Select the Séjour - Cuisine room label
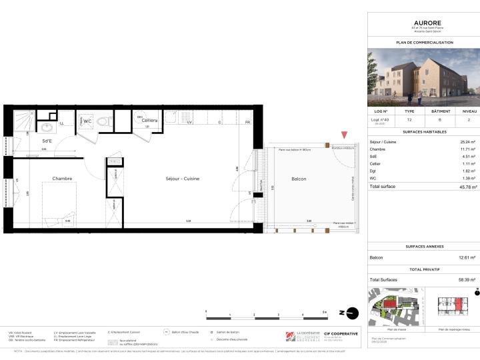click(182, 179)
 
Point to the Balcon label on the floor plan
click(299, 179)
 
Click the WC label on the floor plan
click(87, 121)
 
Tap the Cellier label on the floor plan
click(149, 121)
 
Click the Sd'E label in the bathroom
click(47, 141)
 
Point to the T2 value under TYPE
click(410, 121)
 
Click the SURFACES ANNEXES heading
click(423, 246)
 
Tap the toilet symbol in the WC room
click(101, 121)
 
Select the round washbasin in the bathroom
click(47, 128)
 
